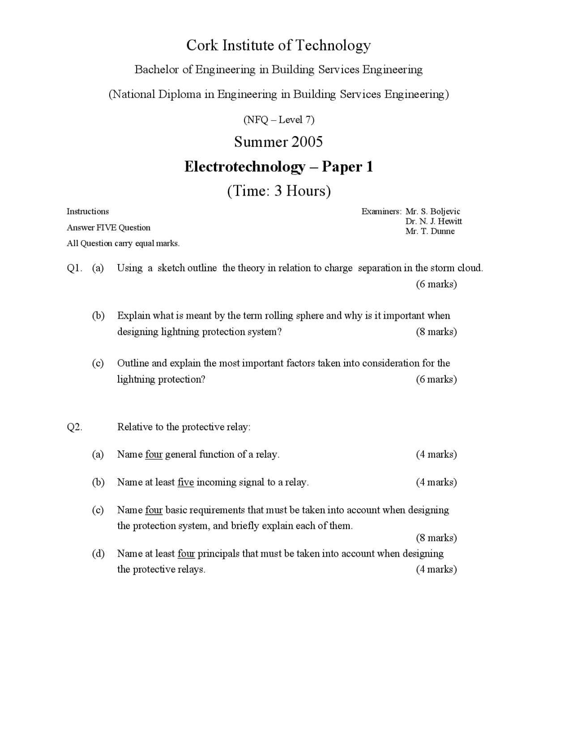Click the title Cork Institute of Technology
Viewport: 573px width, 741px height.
pyautogui.click(x=278, y=45)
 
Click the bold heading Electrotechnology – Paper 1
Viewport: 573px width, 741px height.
pyautogui.click(x=278, y=166)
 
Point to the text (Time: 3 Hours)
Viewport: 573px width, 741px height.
pyautogui.click(x=278, y=191)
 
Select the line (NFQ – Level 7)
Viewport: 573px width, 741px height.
pyautogui.click(x=278, y=119)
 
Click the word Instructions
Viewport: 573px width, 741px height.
pyautogui.click(x=88, y=211)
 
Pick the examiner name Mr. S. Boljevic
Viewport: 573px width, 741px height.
pyautogui.click(x=432, y=211)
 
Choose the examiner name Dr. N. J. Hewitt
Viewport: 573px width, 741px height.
pyautogui.click(x=433, y=221)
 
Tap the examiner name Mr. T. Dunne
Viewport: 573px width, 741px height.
pyautogui.click(x=430, y=231)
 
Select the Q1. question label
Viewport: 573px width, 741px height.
pyautogui.click(x=74, y=268)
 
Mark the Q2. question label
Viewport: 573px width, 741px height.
pyautogui.click(x=74, y=427)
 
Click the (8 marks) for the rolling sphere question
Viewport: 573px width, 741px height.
pyautogui.click(x=436, y=332)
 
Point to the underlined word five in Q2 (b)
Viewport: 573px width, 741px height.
pyautogui.click(x=185, y=482)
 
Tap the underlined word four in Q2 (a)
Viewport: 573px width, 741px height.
pyautogui.click(x=154, y=454)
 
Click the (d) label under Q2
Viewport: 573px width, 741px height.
pyautogui.click(x=98, y=554)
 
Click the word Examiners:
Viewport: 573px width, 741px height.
pyautogui.click(x=381, y=211)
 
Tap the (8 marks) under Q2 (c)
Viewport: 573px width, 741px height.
pyautogui.click(x=436, y=537)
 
